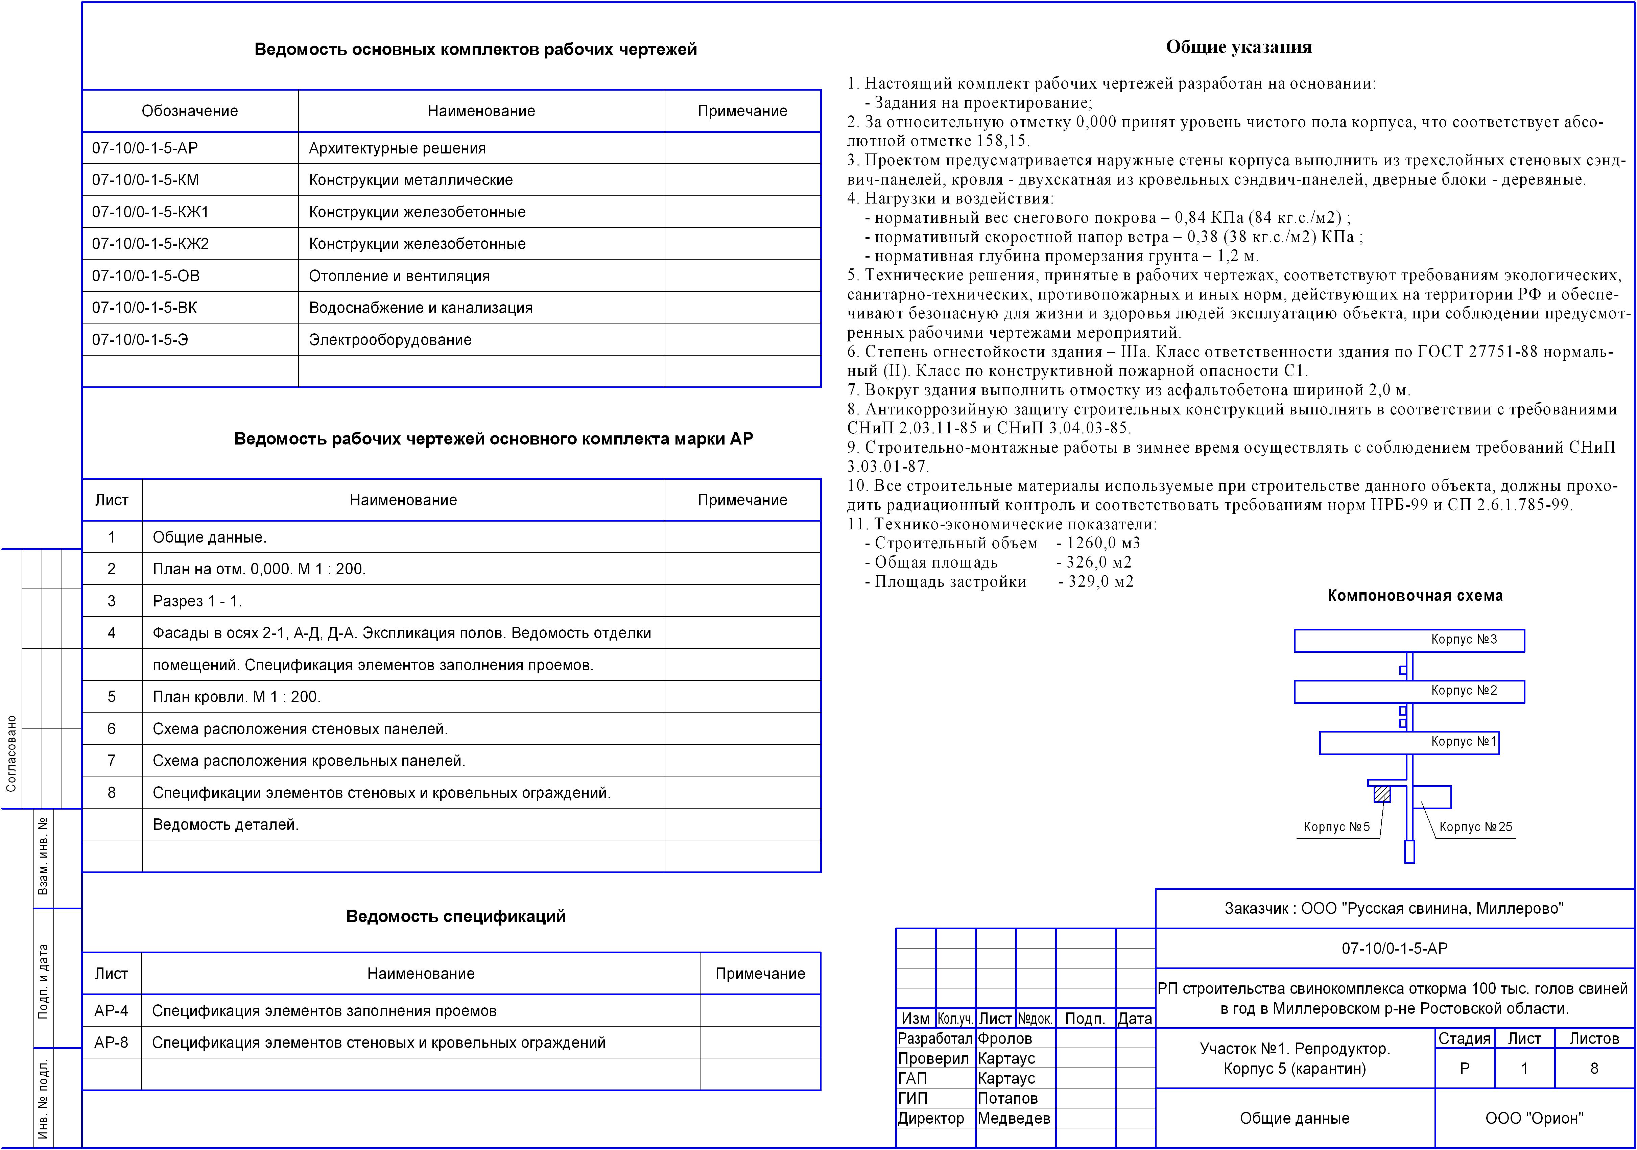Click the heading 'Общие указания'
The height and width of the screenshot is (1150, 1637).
[x=1238, y=47]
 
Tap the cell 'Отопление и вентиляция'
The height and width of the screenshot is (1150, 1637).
[x=399, y=276]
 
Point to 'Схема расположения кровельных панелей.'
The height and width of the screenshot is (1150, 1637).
[x=309, y=761]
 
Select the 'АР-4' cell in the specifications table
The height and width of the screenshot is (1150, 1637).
[x=111, y=1011]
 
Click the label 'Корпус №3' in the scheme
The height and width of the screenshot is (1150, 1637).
[x=1464, y=640]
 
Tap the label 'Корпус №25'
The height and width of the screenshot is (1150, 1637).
[x=1475, y=827]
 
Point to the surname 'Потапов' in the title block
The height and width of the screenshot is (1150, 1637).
[x=1007, y=1099]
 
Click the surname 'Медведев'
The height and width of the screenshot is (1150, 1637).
[x=1013, y=1119]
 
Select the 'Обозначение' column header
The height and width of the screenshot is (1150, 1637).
[x=190, y=111]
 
